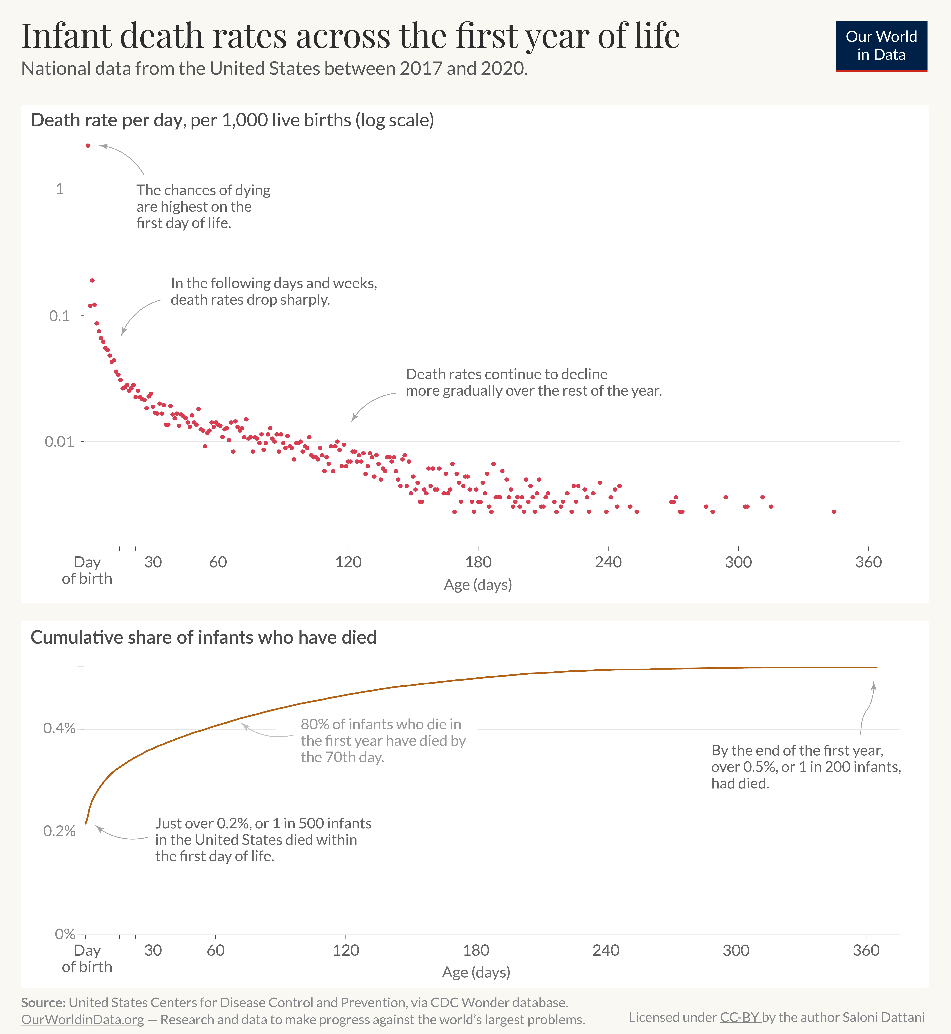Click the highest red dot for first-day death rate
pos(88,146)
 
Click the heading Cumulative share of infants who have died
pos(203,637)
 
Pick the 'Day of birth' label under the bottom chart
pos(87,958)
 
